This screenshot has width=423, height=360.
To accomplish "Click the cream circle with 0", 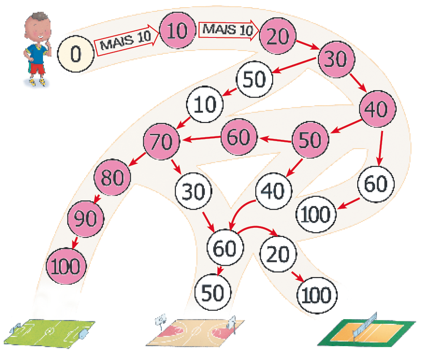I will point(76,53).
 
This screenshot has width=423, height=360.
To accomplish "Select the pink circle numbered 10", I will point(177,31).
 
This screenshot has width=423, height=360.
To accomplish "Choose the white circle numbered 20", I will point(278,254).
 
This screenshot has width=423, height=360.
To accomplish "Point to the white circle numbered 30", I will point(193,192).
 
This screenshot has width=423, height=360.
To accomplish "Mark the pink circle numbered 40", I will point(377,109).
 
